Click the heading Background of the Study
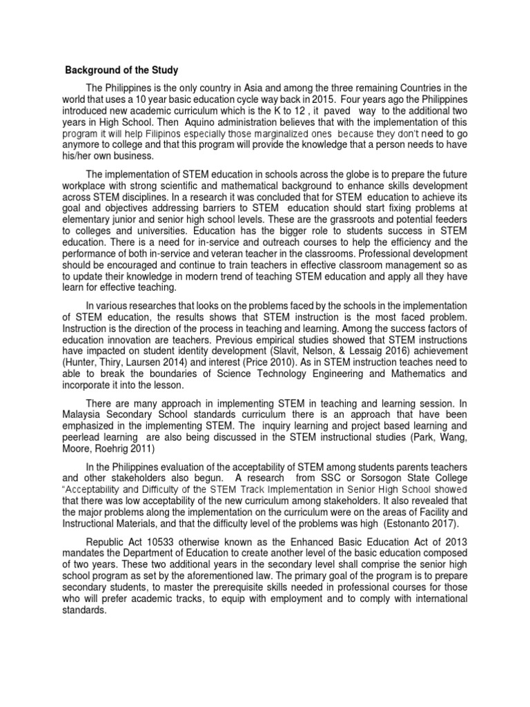click(x=121, y=70)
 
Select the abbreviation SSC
click(x=315, y=478)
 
